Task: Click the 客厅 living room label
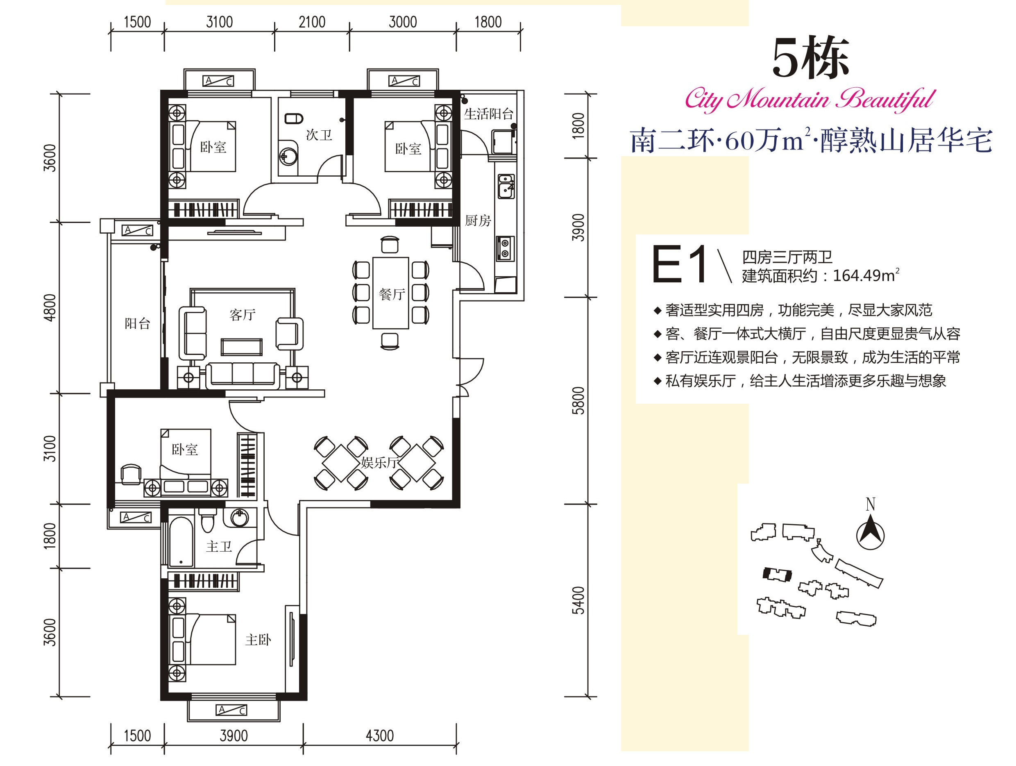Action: pos(243,315)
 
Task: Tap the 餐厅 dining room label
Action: pos(392,295)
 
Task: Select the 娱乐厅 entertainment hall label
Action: pos(379,462)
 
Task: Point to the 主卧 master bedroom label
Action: pos(258,640)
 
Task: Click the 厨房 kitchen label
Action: pos(478,221)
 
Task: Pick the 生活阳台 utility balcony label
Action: pos(488,114)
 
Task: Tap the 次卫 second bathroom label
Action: pos(319,135)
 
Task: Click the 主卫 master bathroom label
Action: pos(219,547)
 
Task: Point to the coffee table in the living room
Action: pos(242,347)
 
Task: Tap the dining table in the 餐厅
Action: pos(390,293)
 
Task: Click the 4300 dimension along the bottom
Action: pos(380,736)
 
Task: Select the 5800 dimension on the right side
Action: pos(578,401)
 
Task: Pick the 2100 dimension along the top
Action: pos(312,22)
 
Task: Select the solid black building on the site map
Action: pos(777,574)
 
